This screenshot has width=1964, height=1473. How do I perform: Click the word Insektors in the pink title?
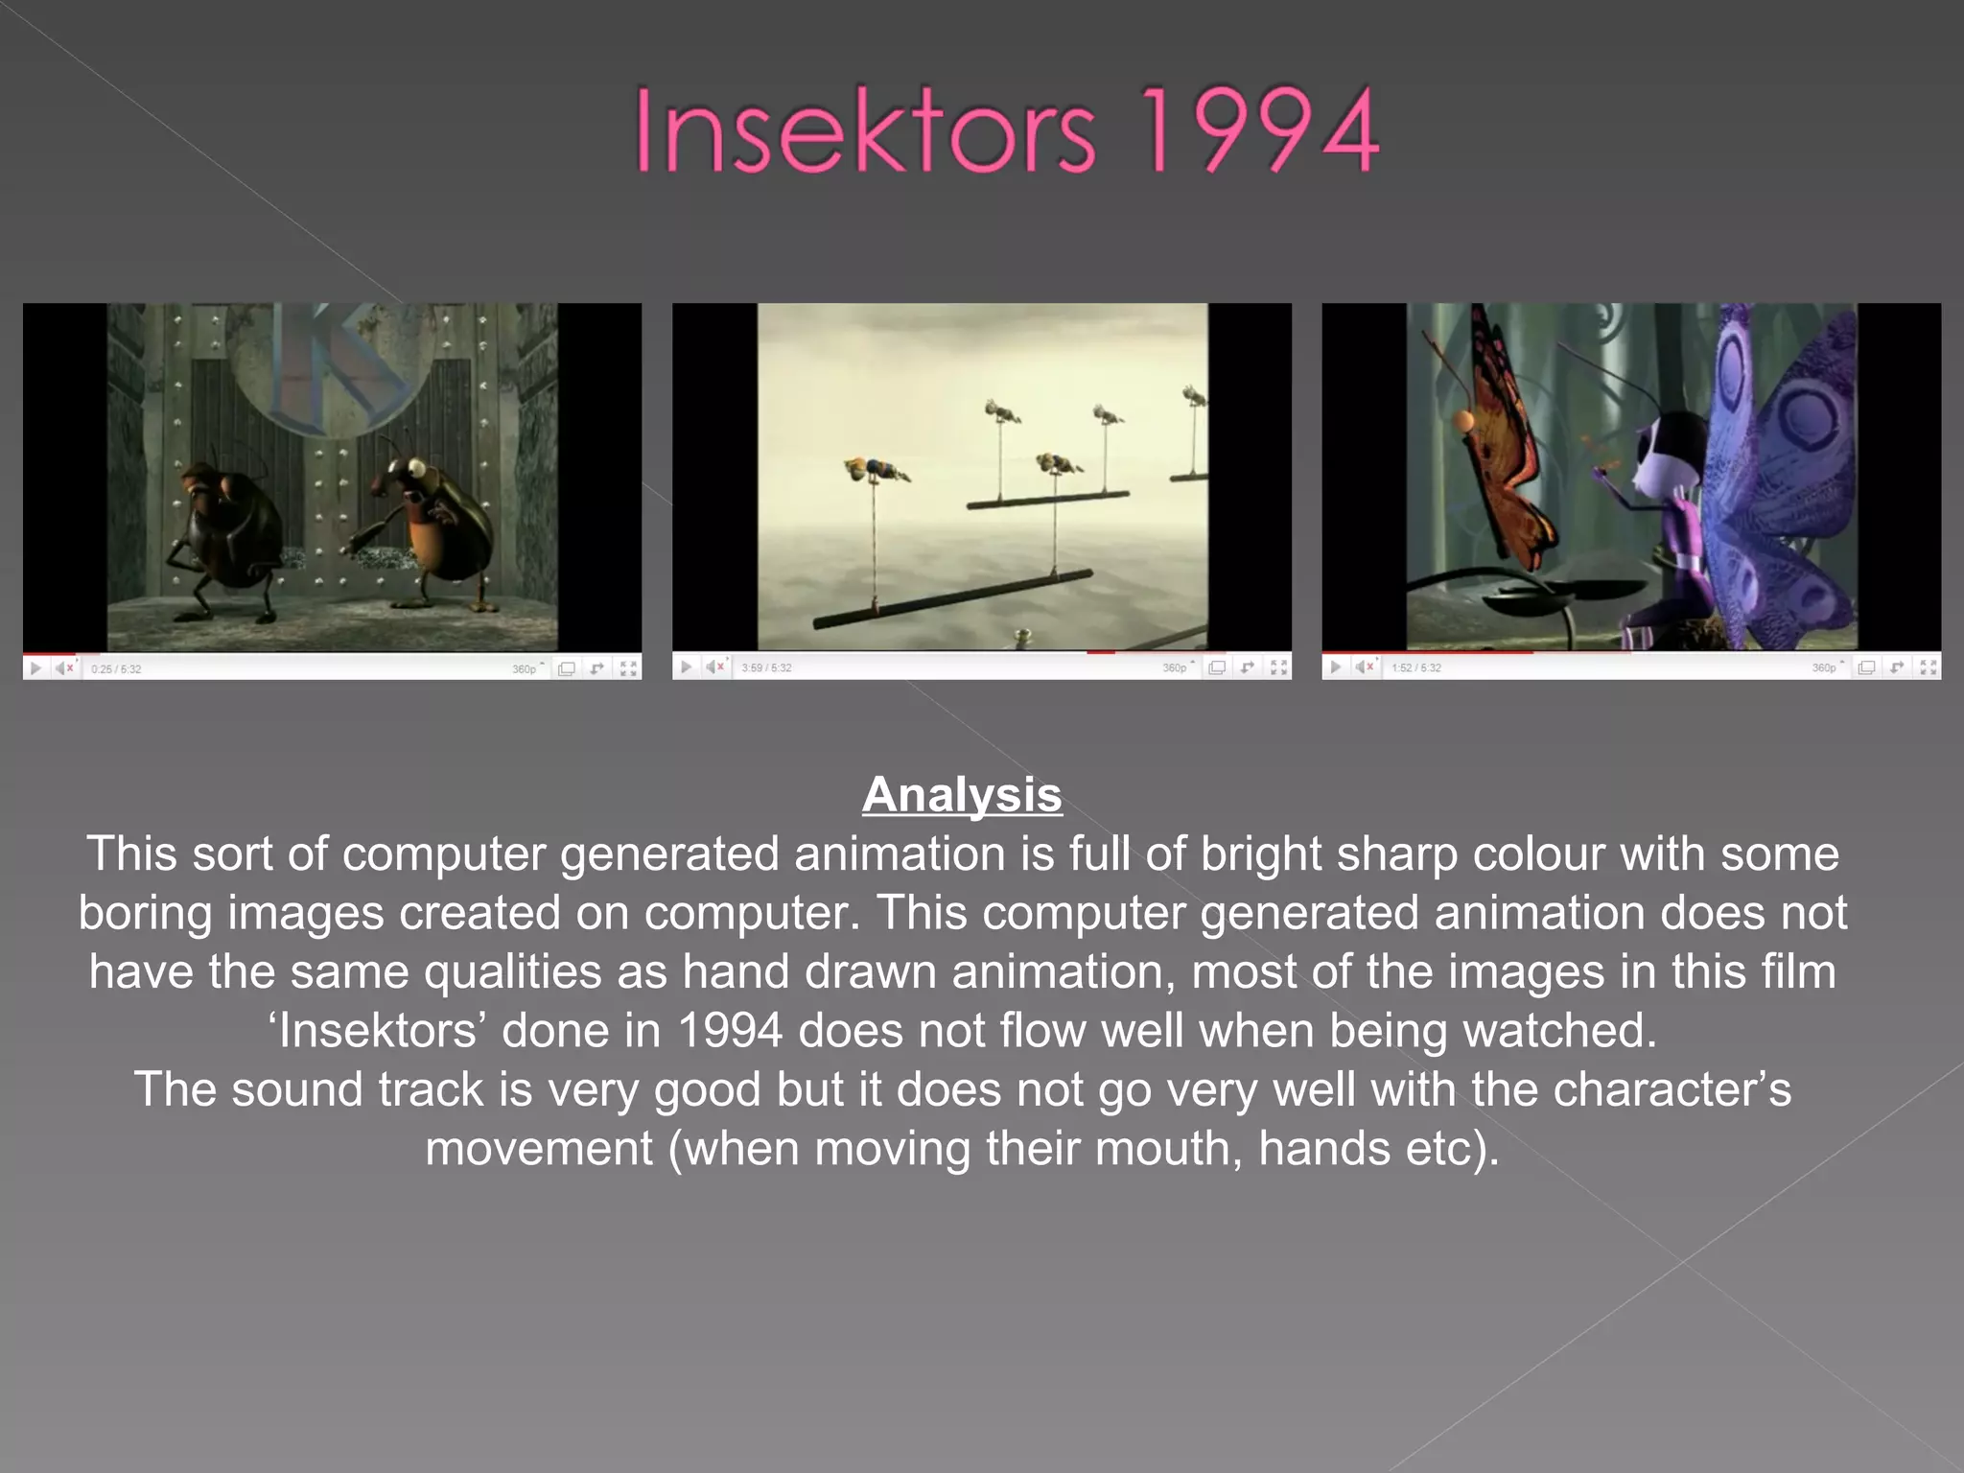(863, 130)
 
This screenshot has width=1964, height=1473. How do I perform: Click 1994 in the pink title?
(1260, 130)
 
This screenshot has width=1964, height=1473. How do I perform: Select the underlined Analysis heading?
(962, 795)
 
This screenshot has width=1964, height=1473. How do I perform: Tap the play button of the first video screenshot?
(35, 668)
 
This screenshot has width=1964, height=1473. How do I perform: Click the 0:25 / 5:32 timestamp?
(116, 669)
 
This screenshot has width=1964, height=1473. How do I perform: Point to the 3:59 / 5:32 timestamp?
(766, 667)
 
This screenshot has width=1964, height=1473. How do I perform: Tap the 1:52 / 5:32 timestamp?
(1416, 667)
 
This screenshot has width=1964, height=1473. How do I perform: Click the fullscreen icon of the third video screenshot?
(1929, 667)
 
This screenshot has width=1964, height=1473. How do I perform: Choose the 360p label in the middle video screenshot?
(1174, 667)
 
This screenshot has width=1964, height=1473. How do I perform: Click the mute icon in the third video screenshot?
(1365, 666)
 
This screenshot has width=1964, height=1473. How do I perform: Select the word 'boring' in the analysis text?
(145, 913)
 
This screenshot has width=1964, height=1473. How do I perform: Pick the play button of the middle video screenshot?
(686, 666)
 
